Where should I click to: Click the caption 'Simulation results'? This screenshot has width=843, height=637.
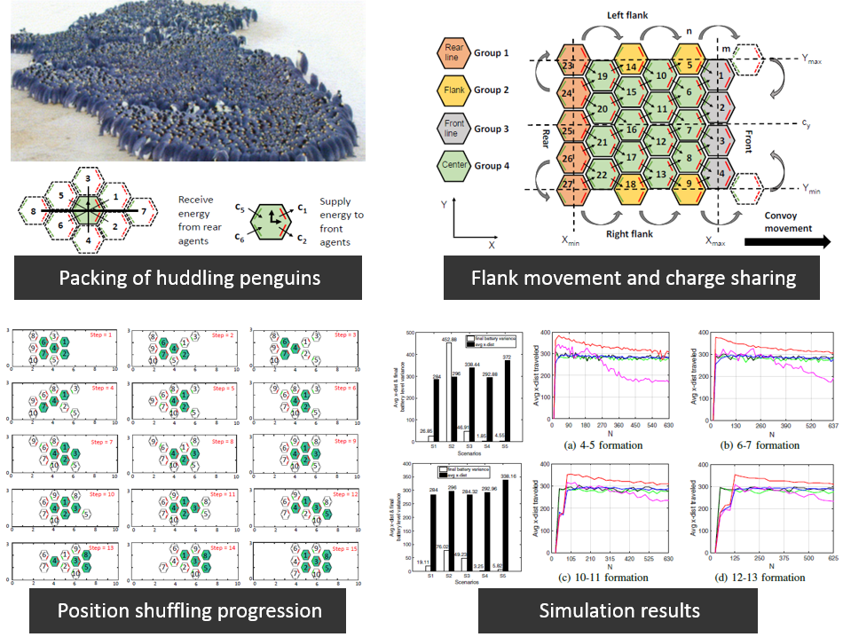click(x=619, y=610)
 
